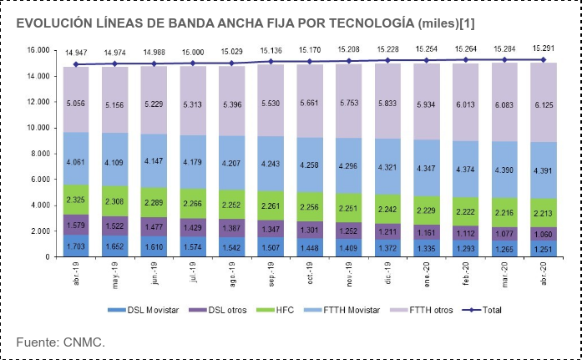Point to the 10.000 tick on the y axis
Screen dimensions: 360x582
[x=38, y=128]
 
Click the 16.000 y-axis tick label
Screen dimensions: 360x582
[x=38, y=50]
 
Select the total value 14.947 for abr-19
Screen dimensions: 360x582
[x=77, y=52]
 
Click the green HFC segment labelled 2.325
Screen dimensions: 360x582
[x=77, y=200]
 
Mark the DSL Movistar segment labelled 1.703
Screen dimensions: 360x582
[x=77, y=246]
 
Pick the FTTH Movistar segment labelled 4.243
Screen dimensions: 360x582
[x=271, y=164]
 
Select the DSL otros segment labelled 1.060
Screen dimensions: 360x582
[x=544, y=234]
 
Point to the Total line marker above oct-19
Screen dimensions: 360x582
[x=311, y=62]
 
